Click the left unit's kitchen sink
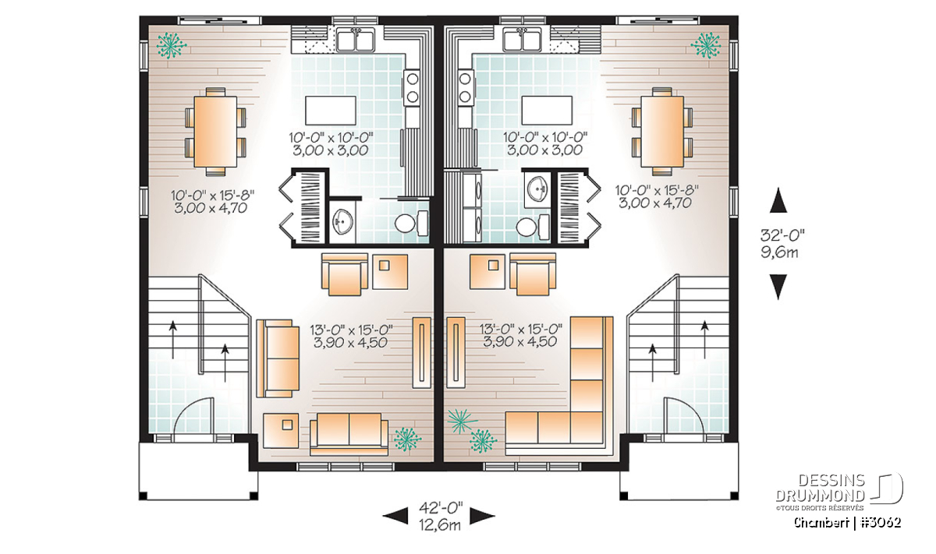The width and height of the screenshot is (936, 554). pos(356,40)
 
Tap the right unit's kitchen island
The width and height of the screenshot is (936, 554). pos(547,110)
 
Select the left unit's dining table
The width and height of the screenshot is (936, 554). pos(215,132)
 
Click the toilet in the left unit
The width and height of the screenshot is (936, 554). pos(412,224)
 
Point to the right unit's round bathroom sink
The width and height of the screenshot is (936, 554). pos(537,190)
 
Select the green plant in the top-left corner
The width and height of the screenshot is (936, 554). pos(171,45)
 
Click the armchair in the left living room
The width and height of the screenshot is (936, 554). pos(344,273)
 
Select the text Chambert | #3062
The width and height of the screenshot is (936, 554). pos(847,523)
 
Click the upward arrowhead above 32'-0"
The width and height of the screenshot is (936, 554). pos(778,200)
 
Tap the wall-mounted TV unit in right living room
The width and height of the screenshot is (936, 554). pos(456,352)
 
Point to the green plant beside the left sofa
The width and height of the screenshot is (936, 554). pos(407,439)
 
